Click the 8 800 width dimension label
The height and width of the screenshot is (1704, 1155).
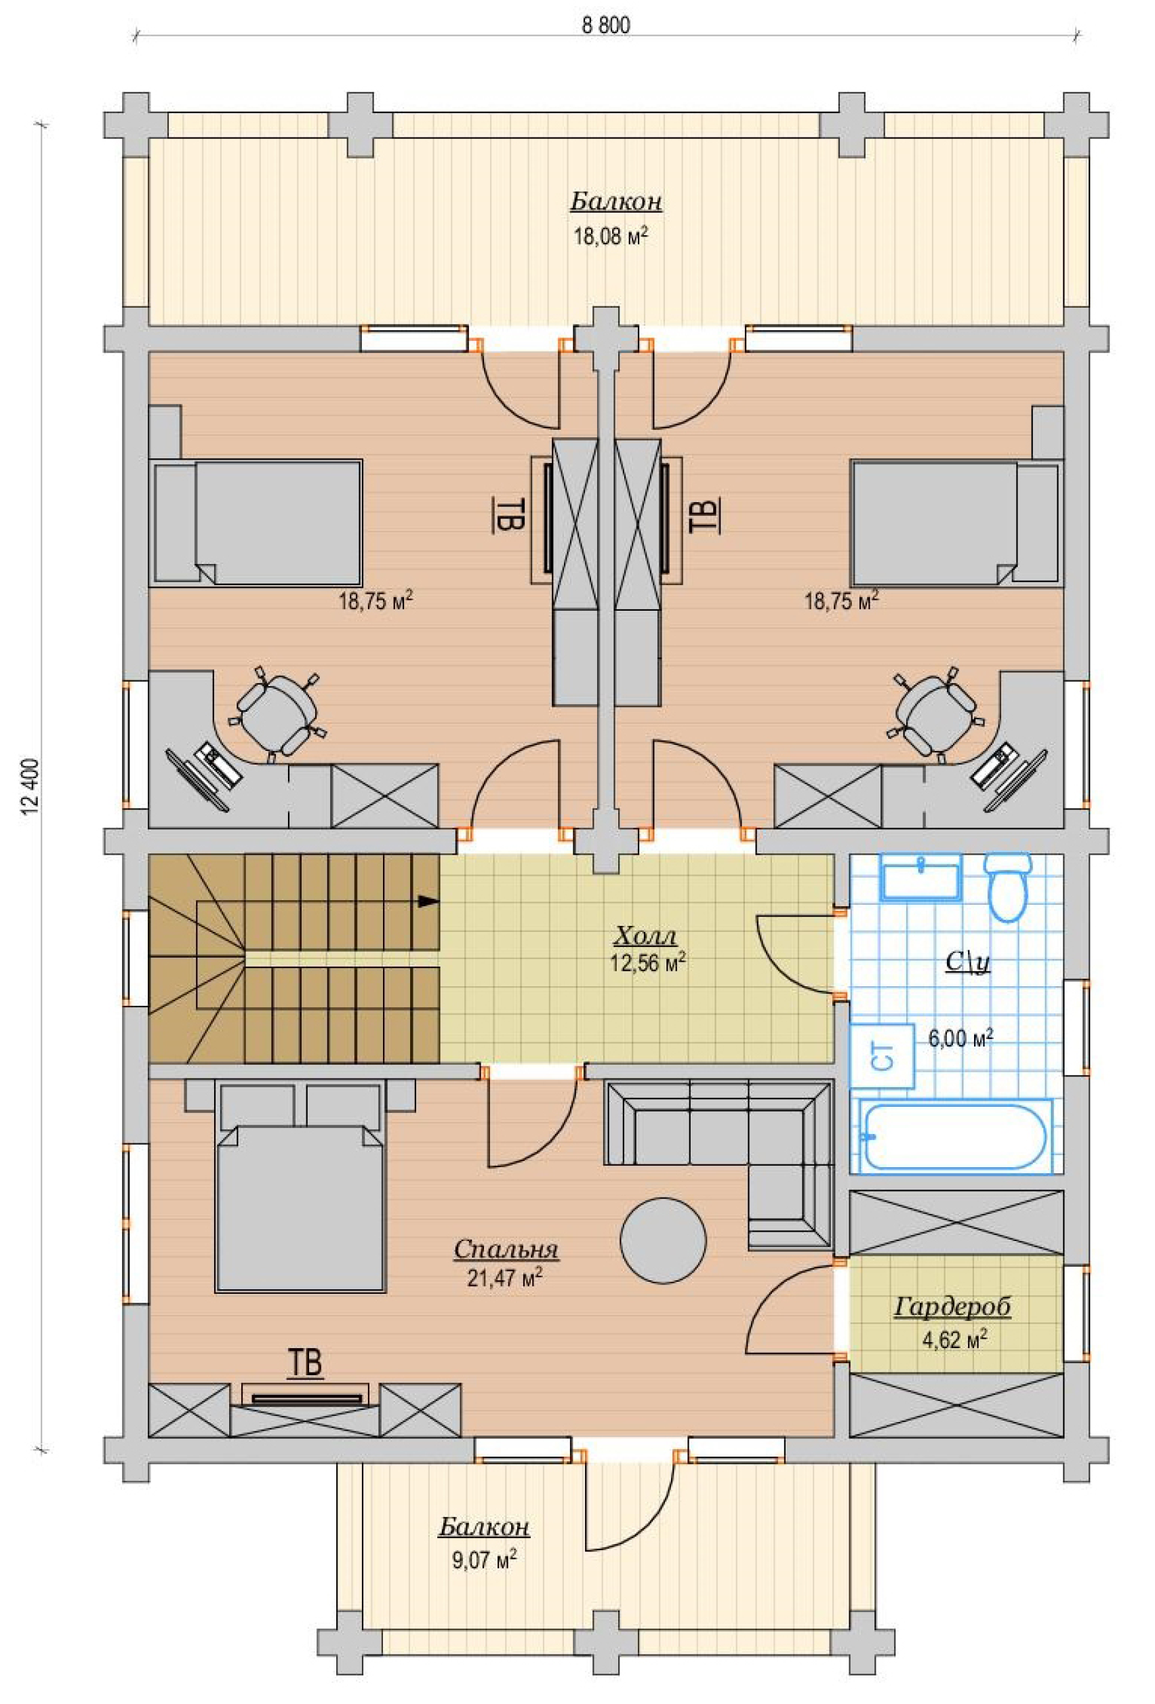coord(606,26)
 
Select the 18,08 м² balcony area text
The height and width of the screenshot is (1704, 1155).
coord(610,236)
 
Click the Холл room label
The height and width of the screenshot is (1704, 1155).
coord(645,936)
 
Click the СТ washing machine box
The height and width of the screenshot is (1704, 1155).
coord(883,1057)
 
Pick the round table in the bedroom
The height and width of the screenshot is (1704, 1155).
coord(663,1240)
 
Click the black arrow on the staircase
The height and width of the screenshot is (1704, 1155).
coord(428,901)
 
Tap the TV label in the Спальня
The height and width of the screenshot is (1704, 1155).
coord(306,1363)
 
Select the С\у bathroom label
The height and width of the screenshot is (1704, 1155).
coord(967,962)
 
